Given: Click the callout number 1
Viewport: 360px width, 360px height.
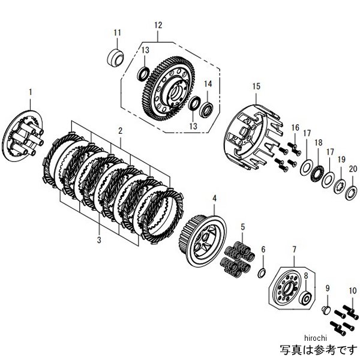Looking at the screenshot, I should pos(31,92).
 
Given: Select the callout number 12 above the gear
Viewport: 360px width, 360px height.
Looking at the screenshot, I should pos(158,25).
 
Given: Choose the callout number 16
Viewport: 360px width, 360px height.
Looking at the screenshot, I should pos(295,128).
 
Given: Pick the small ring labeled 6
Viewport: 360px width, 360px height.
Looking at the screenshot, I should pos(262,274).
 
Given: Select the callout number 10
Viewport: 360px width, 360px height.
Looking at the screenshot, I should pos(350,289).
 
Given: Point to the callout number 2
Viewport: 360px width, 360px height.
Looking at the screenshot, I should pos(121,130).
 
